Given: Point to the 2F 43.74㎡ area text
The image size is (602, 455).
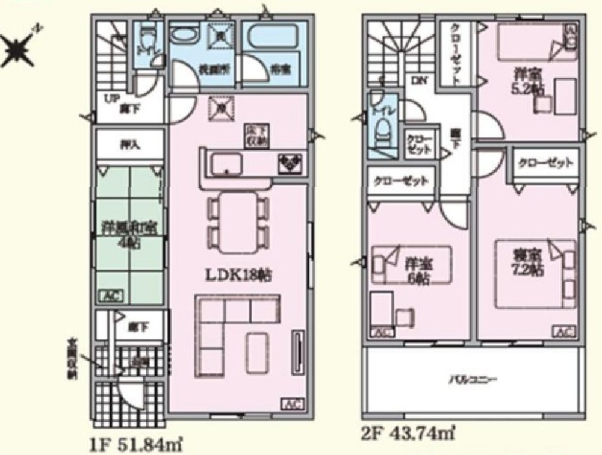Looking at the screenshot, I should (x=407, y=432).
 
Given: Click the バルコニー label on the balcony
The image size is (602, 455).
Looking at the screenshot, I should (x=472, y=380).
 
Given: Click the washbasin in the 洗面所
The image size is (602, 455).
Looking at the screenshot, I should (x=183, y=36).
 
